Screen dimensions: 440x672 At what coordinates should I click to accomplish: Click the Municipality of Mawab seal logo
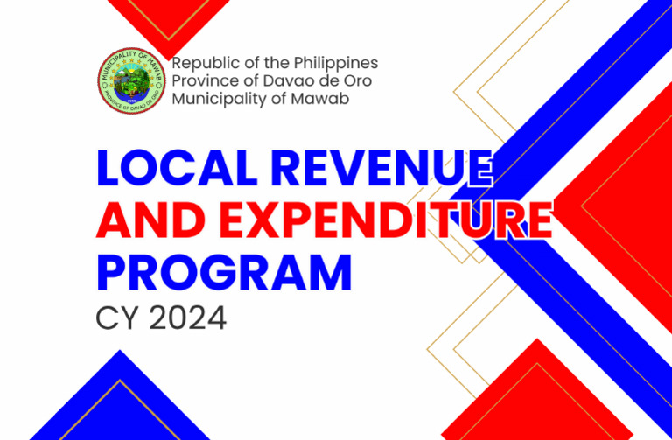coord(132,83)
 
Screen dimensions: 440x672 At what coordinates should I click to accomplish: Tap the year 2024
coord(187,318)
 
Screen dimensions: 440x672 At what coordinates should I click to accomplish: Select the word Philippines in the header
coord(333,63)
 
